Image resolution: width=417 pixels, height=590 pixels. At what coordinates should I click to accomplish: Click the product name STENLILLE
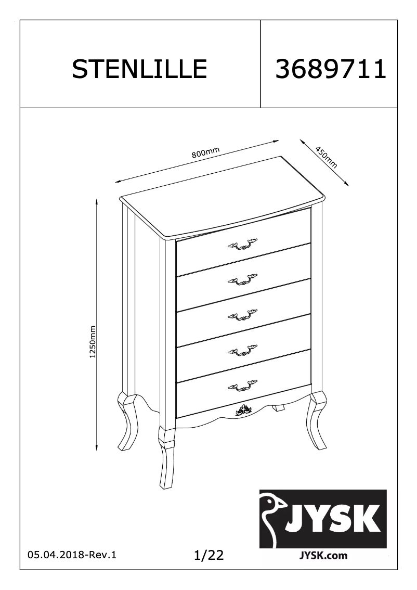coord(139,69)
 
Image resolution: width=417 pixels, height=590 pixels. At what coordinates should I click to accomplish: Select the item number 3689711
coord(331,69)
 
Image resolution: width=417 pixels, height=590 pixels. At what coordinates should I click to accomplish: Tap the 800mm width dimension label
coord(205,152)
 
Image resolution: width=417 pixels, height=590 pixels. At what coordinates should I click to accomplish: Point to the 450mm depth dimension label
coord(326,157)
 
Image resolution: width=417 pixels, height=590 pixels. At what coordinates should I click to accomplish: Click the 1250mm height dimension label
coord(93,342)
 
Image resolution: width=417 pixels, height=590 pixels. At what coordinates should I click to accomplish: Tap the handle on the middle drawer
coord(242,316)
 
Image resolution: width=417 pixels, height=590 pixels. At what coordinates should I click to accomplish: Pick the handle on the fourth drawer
coord(242,351)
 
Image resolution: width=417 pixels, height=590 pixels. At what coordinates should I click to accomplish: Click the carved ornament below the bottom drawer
coord(242,409)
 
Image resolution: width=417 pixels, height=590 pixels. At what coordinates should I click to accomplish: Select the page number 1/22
coord(208,555)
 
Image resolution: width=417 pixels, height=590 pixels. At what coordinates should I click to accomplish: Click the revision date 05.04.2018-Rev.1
coord(72,555)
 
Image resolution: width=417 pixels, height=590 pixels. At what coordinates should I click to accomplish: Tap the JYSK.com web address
coord(323,555)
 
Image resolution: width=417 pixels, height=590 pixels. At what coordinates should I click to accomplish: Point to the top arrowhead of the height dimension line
coord(97,201)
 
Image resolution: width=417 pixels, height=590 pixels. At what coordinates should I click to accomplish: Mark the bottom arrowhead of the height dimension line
coord(97,447)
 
